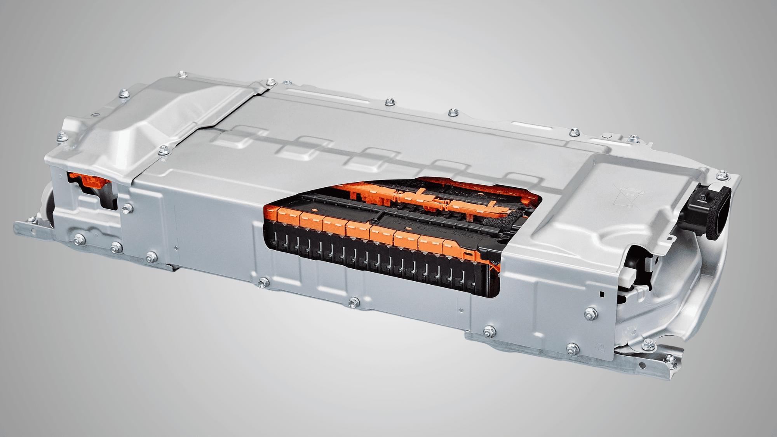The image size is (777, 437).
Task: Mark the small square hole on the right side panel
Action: point(601,294)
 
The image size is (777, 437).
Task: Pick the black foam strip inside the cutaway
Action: point(501,222)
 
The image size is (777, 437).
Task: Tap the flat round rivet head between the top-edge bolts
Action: point(607,136)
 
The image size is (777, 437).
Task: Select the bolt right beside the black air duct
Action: point(721,176)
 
